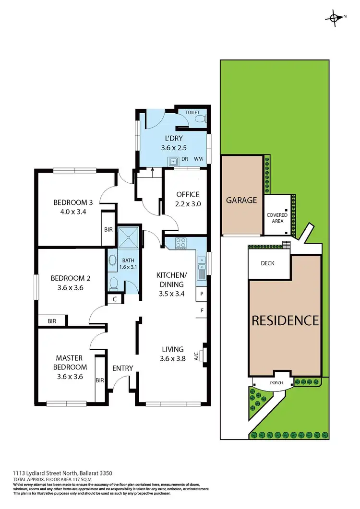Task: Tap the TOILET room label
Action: pyautogui.click(x=192, y=112)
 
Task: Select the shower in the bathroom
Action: pyautogui.click(x=129, y=235)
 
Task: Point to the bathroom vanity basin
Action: pyautogui.click(x=112, y=260)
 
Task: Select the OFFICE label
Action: pyautogui.click(x=187, y=194)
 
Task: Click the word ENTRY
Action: pyautogui.click(x=122, y=368)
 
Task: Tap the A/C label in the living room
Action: pyautogui.click(x=196, y=356)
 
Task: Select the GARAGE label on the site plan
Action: pyautogui.click(x=241, y=200)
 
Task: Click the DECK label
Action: pyautogui.click(x=267, y=263)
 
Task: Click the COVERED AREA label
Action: pyautogui.click(x=277, y=218)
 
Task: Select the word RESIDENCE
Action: pyautogui.click(x=285, y=320)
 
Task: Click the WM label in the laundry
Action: pyautogui.click(x=198, y=159)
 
